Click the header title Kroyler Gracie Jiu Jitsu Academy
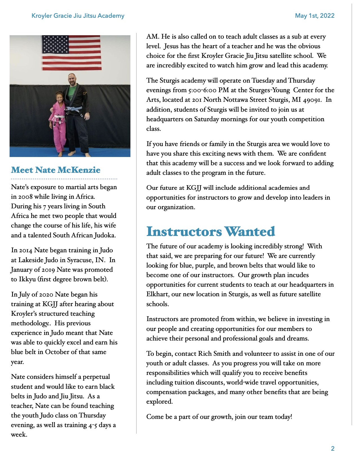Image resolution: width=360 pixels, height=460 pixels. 78,16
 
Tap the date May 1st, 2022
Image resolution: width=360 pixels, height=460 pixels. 315,16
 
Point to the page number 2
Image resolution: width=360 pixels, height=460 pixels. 333,448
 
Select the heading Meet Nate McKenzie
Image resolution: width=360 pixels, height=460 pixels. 55,170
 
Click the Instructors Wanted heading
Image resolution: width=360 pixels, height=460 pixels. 210,232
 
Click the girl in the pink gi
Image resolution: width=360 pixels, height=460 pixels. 59,121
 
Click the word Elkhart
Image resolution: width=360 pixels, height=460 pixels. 157,294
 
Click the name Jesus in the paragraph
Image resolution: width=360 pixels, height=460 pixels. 171,46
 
